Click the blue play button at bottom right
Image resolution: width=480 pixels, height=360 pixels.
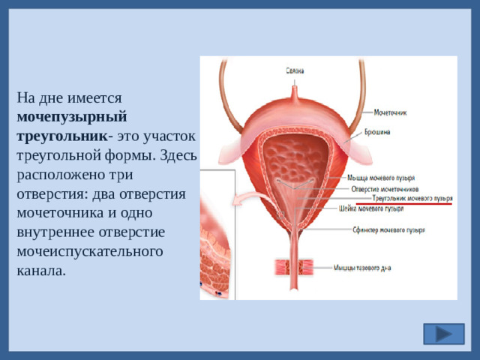(x=443, y=334)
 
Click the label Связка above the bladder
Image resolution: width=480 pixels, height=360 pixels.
(x=295, y=71)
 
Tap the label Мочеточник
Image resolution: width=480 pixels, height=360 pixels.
(x=390, y=113)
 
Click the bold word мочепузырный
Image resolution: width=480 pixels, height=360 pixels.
(x=71, y=117)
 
